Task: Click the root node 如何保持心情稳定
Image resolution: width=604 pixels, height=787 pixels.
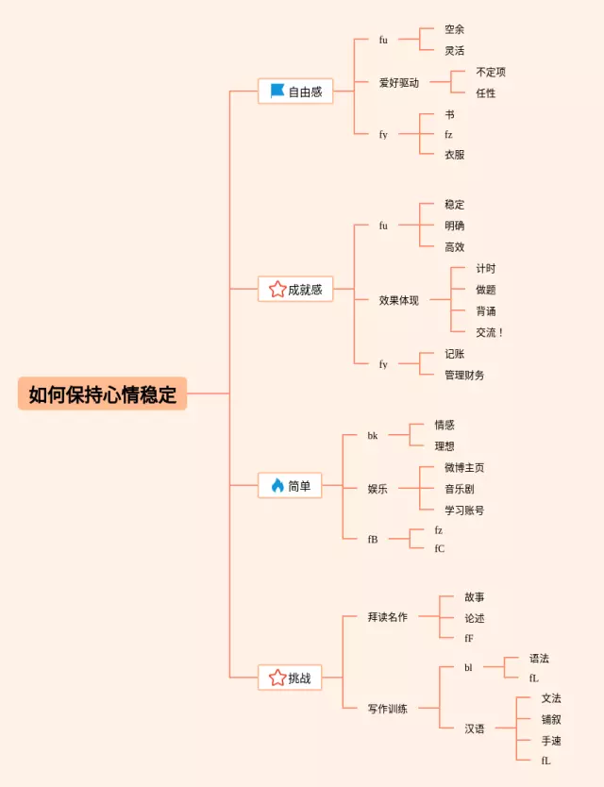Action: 102,393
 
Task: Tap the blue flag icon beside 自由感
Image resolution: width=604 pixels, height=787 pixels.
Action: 277,92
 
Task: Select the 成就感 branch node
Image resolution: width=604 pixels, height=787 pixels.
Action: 295,290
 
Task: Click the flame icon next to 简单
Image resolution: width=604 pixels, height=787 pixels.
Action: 277,486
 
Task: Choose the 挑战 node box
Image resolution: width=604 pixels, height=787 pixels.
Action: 295,678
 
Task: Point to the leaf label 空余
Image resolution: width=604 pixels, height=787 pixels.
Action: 454,29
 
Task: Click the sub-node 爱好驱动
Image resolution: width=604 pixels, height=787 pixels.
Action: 398,83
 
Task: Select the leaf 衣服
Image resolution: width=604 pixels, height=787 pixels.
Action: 454,155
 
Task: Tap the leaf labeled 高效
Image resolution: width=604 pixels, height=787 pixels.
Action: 454,247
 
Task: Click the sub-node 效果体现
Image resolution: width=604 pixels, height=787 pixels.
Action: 398,300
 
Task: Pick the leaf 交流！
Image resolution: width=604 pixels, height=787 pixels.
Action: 490,332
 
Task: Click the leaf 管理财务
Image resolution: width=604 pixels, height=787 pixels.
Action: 464,375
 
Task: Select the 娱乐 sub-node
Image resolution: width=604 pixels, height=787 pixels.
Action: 377,489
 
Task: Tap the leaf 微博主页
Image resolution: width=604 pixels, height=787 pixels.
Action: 464,467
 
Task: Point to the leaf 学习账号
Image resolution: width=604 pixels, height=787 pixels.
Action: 464,510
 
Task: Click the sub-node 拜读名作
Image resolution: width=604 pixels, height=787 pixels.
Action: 388,617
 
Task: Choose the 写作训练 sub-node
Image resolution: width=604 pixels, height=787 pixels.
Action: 388,709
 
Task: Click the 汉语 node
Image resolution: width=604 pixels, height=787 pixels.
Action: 474,728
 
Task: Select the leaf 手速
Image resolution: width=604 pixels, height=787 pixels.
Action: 551,741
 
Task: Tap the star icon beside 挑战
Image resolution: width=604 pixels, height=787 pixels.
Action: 277,678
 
